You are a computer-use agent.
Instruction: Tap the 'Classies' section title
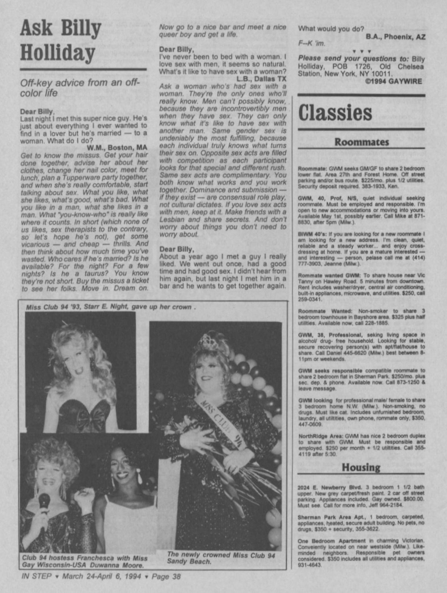pos(335,113)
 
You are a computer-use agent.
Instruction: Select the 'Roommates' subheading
pos(362,142)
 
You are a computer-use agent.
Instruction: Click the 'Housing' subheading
pos(361,468)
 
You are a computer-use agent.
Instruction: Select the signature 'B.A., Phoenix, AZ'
pos(396,37)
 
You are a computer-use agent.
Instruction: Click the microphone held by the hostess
pos(44,504)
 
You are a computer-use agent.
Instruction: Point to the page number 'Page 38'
pos(166,576)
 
